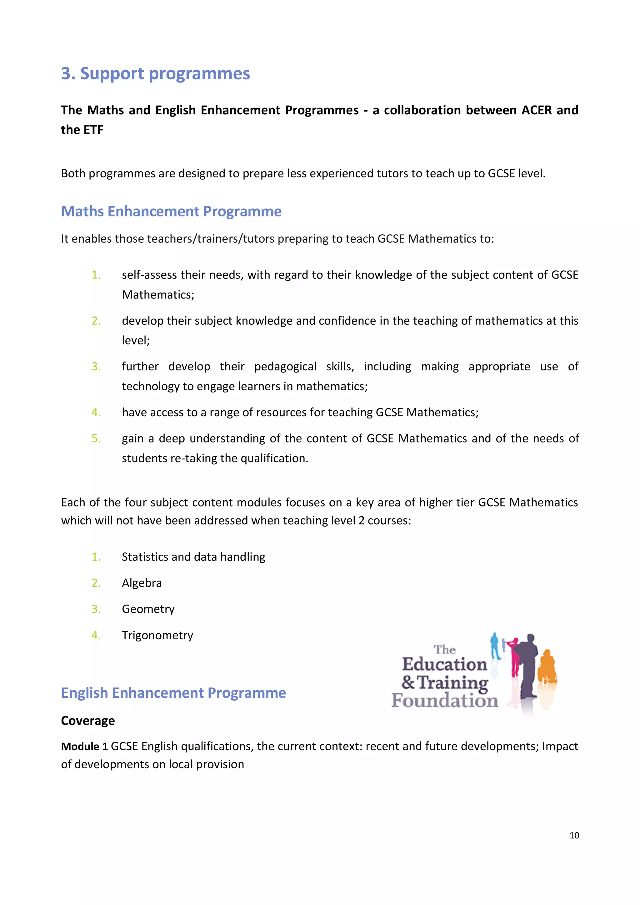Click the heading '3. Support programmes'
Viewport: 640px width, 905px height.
click(x=155, y=74)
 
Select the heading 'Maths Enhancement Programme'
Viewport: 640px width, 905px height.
click(x=171, y=212)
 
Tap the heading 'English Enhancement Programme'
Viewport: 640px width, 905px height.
click(x=173, y=693)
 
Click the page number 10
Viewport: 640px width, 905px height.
click(x=574, y=835)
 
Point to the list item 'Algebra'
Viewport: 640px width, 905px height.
click(x=142, y=583)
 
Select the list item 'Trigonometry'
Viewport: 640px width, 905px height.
click(x=157, y=635)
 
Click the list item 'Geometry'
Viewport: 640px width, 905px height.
click(x=148, y=609)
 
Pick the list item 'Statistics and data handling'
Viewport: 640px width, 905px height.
click(x=193, y=557)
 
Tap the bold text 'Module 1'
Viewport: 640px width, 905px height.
click(x=84, y=747)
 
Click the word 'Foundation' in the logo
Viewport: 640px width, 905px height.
click(x=445, y=700)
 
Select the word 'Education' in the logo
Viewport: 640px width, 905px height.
click(x=444, y=664)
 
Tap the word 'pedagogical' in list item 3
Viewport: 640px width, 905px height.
click(x=285, y=367)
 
